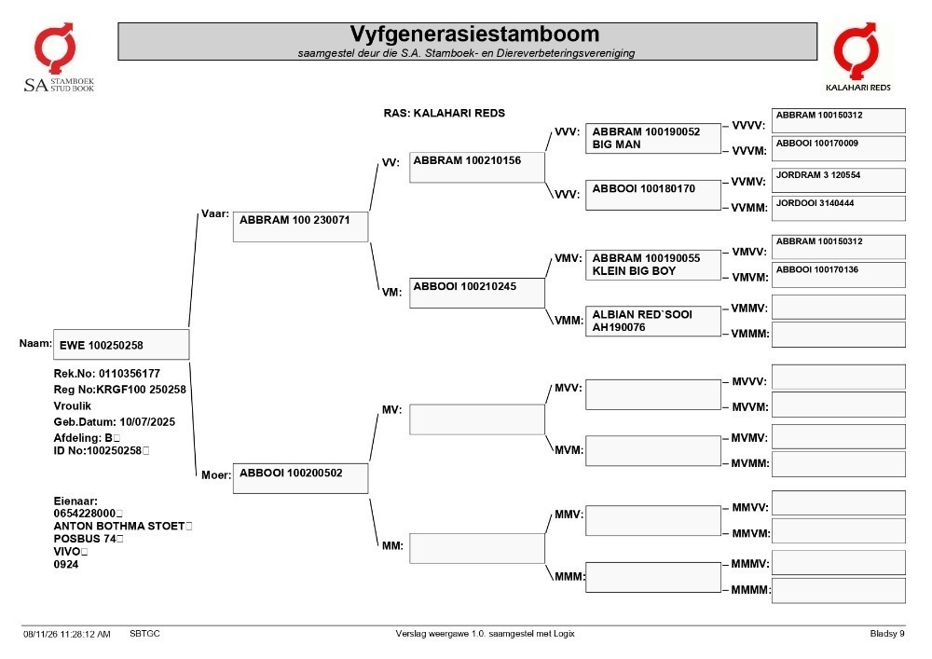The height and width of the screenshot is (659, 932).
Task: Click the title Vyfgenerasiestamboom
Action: click(474, 34)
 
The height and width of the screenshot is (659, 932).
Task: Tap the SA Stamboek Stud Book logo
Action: click(58, 58)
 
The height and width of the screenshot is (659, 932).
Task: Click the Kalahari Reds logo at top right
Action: click(857, 58)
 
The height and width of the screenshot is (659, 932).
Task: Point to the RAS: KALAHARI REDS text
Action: click(444, 113)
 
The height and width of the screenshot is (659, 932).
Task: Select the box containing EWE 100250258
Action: click(121, 345)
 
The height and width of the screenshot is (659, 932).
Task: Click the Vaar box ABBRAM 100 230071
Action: click(301, 227)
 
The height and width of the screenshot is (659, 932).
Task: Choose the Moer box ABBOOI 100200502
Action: click(301, 478)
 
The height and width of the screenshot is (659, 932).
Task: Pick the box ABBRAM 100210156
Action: click(476, 167)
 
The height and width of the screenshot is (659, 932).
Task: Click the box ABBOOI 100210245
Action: click(476, 293)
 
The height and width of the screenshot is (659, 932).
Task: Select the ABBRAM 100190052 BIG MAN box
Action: click(653, 139)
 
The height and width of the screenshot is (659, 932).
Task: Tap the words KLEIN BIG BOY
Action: click(634, 271)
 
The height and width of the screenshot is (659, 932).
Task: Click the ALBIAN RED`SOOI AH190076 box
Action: click(653, 321)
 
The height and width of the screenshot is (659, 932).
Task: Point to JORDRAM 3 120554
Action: click(818, 174)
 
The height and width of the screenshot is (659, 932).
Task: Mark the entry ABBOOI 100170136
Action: click(817, 269)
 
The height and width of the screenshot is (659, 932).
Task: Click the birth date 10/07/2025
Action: click(147, 422)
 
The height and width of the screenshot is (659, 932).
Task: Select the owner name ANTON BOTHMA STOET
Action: click(119, 526)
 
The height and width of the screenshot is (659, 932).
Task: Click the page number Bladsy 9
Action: click(887, 634)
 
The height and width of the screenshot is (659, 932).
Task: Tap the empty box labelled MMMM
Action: click(839, 591)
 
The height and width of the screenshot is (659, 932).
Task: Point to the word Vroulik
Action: click(73, 405)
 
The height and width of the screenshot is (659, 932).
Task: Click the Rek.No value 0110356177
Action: click(130, 374)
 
